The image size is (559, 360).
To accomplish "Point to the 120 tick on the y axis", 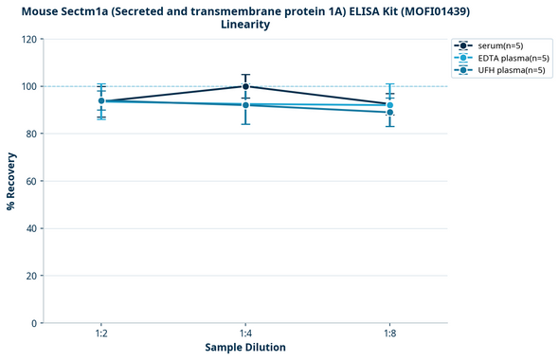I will pos(28,40).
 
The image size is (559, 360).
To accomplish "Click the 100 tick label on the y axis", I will pos(28,87).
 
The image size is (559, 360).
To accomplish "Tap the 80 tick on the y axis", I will pos(31,135).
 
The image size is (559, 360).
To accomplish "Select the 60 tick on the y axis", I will pos(31,181).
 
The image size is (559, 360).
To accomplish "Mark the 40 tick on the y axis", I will pos(31,228).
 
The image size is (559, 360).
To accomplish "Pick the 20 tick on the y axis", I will pos(31,276).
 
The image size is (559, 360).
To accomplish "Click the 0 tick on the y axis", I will pos(34,323).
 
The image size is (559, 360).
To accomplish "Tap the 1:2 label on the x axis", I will pos(100,334).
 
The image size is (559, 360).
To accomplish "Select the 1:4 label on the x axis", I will pos(245,334).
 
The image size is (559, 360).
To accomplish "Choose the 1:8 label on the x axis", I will pos(389,334).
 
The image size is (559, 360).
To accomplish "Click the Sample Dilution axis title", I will pos(245,348).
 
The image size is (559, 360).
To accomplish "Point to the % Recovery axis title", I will pos(11,181).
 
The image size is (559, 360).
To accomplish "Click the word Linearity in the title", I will pos(245,25).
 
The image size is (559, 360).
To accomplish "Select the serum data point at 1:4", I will pos(245,86).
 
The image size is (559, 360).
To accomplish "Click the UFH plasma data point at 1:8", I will pos(389,113).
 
